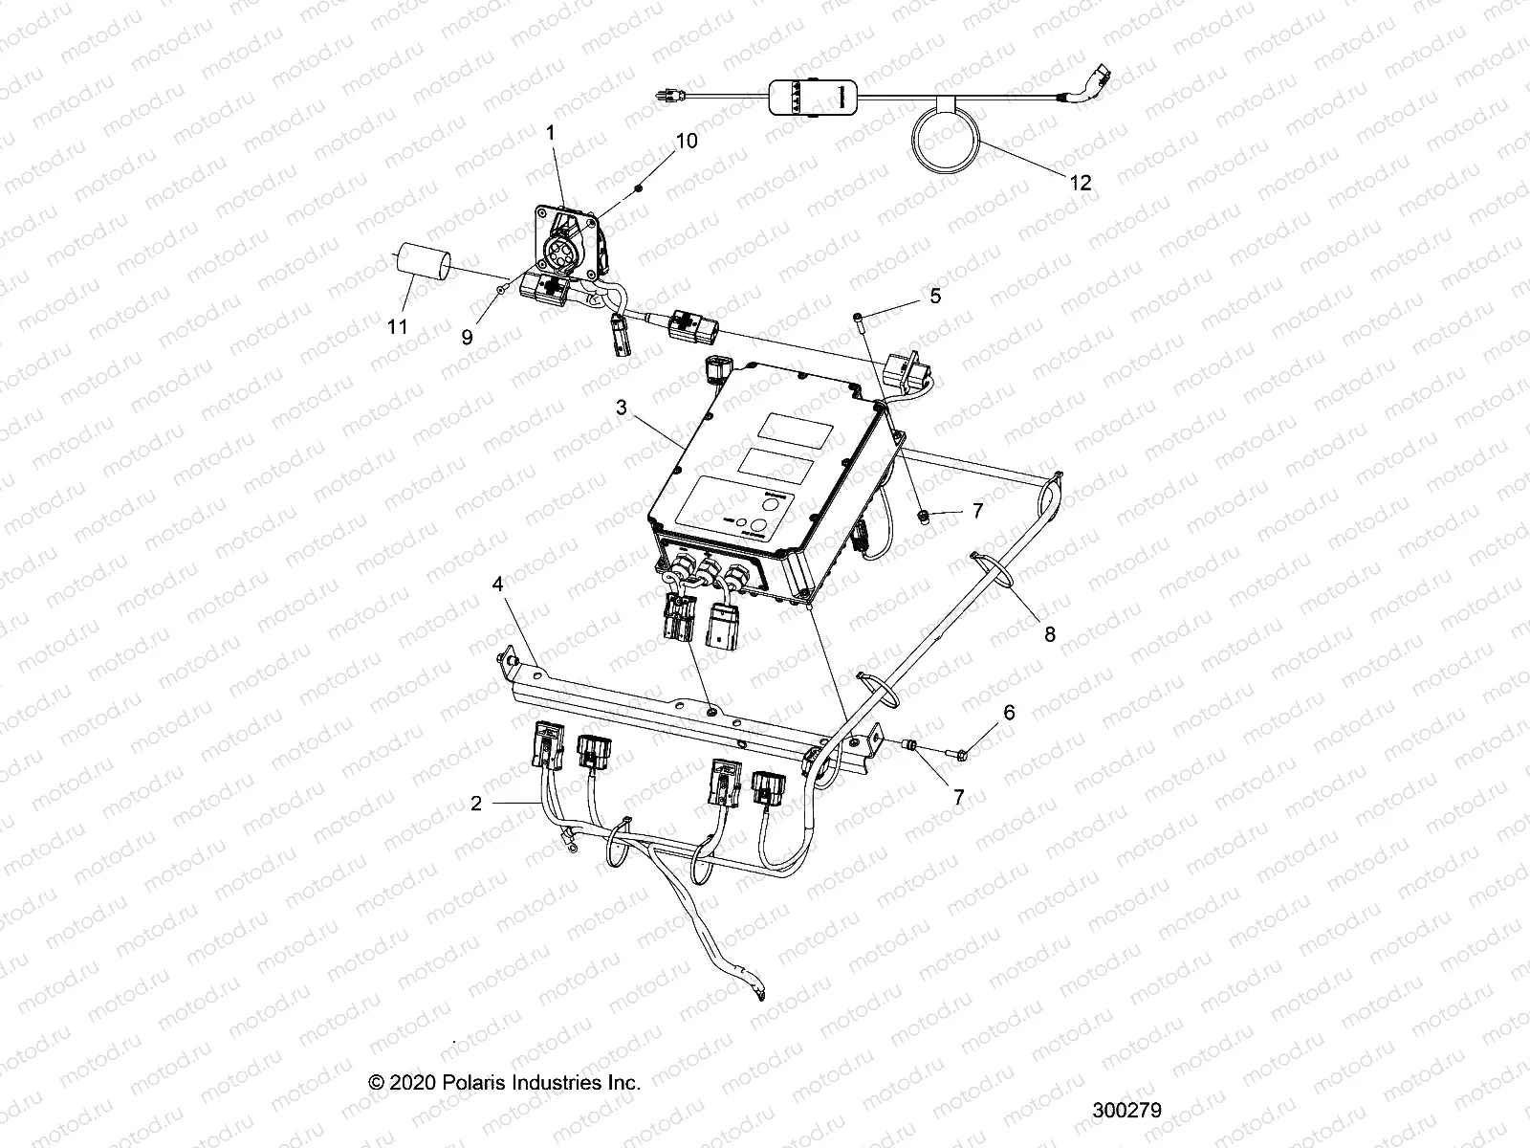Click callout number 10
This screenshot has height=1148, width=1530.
click(x=687, y=141)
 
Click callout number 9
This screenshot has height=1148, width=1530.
click(x=467, y=338)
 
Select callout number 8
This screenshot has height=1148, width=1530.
click(x=1049, y=633)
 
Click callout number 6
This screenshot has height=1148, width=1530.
click(x=1008, y=713)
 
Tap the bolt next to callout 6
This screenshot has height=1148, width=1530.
click(x=965, y=755)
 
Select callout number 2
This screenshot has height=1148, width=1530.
click(x=476, y=804)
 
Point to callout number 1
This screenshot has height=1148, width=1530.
click(x=550, y=134)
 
